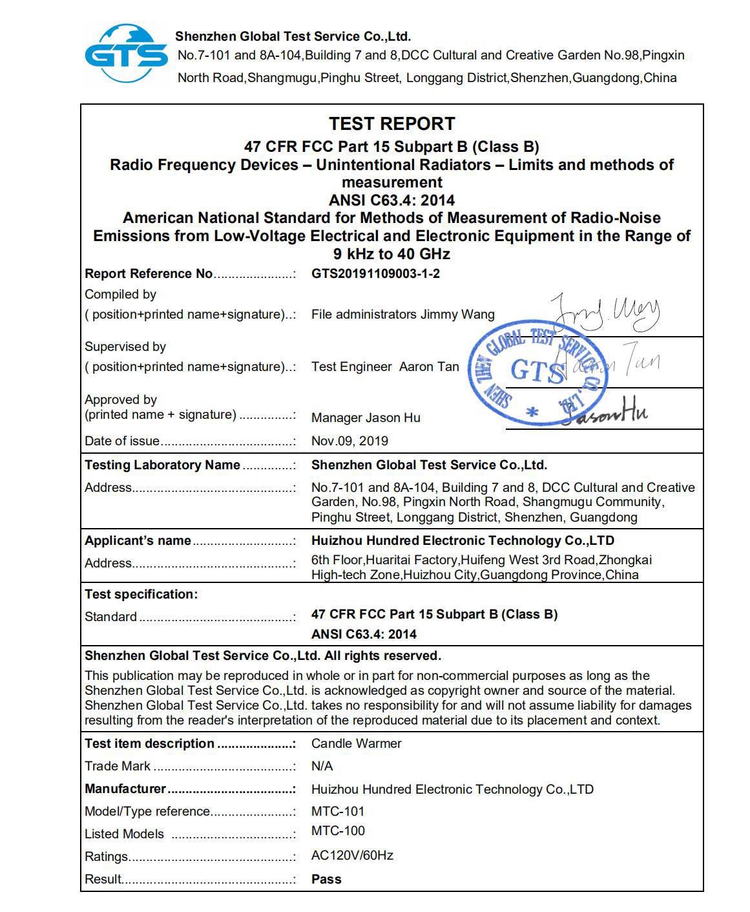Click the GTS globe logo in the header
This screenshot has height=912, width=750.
pos(126,54)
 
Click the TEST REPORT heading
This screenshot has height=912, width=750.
pos(391,123)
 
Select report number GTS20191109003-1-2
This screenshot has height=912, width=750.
pos(375,273)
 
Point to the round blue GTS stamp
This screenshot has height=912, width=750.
pos(537,375)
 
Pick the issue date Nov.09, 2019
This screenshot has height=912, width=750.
pos(349,441)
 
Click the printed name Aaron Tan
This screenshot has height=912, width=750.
pos(429,366)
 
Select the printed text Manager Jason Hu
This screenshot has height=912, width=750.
pos(366,418)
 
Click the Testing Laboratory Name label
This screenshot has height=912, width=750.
pos(162,465)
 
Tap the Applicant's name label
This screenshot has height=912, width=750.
pos(138,540)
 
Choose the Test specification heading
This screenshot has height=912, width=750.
pos(141,594)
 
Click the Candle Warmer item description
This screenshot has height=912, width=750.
pos(356,743)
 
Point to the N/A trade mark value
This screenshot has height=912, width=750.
pos(322,766)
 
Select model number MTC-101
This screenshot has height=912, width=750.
pos(338,811)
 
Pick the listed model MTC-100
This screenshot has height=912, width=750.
pos(338,831)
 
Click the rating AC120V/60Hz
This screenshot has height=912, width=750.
pos(352,855)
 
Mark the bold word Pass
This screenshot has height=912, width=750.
pos(326,879)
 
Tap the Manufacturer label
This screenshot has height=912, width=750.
pos(125,789)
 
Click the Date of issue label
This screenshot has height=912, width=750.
pos(122,441)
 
